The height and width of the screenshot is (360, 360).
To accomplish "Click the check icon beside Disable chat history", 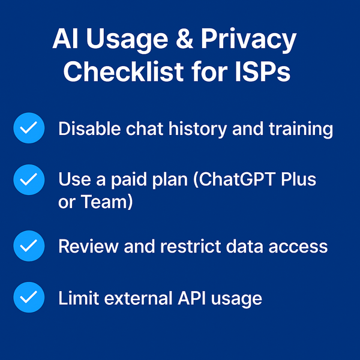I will (x=29, y=129).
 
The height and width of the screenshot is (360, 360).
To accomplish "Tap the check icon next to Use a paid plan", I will (x=29, y=179).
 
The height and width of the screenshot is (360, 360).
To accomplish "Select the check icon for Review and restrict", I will (x=29, y=246).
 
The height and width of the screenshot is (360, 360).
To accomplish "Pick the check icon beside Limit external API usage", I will (x=29, y=298).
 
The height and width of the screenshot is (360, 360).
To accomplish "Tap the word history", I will (x=194, y=129).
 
